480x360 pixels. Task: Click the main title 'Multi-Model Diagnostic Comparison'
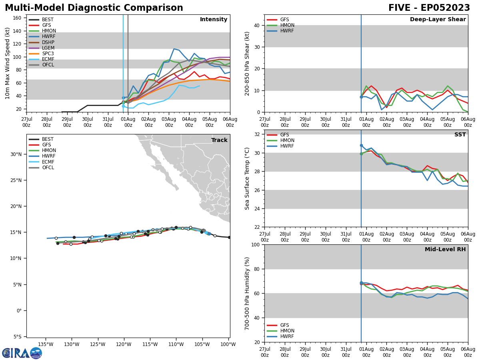coord(94,8)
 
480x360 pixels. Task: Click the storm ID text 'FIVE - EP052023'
coord(429,8)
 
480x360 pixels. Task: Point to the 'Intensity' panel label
coord(214,20)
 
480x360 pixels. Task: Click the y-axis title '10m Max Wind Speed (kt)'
coord(8,63)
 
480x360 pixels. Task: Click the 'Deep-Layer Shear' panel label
coord(438,20)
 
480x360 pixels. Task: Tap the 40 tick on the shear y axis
coord(256,25)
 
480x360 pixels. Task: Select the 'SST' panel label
coord(460,135)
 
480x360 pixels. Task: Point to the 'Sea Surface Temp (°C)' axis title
coord(247,178)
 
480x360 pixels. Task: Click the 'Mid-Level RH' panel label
coord(445,250)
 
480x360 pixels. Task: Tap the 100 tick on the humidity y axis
coord(255,244)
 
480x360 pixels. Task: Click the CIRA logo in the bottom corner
coord(22,353)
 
